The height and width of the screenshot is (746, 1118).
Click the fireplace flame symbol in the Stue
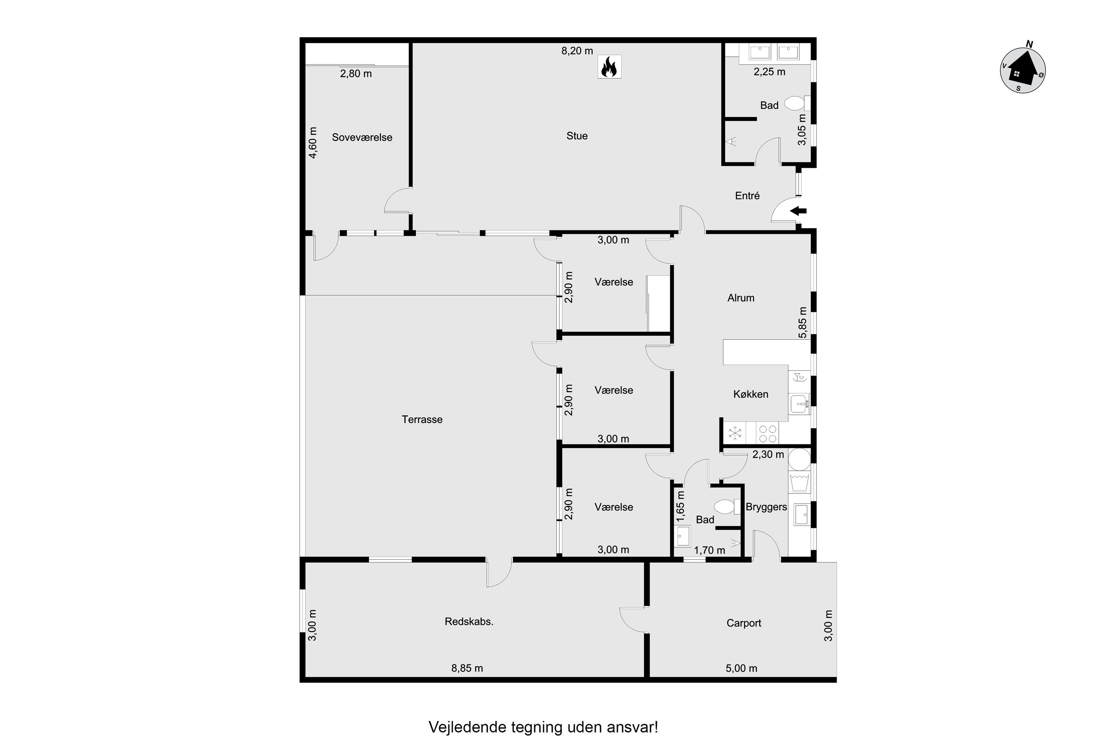pyautogui.click(x=609, y=67)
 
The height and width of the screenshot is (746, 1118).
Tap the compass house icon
pyautogui.click(x=1022, y=71)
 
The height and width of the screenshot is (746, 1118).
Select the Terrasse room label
pyautogui.click(x=422, y=420)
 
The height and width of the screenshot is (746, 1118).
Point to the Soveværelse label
pyautogui.click(x=362, y=138)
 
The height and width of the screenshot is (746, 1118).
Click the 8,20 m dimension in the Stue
pyautogui.click(x=577, y=51)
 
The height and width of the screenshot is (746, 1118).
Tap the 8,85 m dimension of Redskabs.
pyautogui.click(x=467, y=668)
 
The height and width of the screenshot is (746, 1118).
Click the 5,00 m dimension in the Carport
pyautogui.click(x=741, y=668)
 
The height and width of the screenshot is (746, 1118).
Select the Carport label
pyautogui.click(x=743, y=623)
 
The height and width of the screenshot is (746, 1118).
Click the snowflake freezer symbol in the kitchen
pyautogui.click(x=735, y=433)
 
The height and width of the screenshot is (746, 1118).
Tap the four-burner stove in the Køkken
pyautogui.click(x=768, y=433)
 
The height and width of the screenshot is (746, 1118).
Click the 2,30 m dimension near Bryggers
pyautogui.click(x=768, y=454)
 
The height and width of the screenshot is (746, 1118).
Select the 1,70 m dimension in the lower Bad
pyautogui.click(x=709, y=551)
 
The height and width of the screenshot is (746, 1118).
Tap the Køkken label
pyautogui.click(x=751, y=394)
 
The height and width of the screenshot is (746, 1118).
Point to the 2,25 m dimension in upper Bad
pyautogui.click(x=769, y=72)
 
